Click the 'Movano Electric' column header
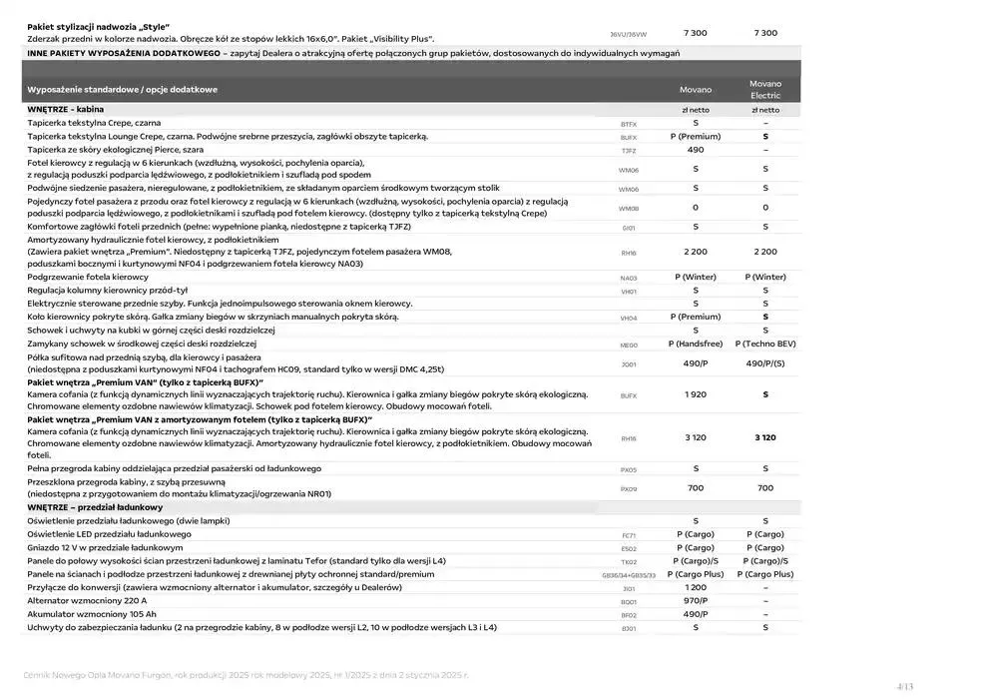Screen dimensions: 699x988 pos(765,89)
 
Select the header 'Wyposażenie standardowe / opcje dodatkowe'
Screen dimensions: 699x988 pos(123,89)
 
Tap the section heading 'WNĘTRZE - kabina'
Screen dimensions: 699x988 pos(66,109)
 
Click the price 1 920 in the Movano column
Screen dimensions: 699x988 pos(696,394)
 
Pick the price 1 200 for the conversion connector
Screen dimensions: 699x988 pos(696,587)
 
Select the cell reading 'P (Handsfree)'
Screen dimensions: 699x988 pos(696,343)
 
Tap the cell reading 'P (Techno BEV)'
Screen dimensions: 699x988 pos(765,343)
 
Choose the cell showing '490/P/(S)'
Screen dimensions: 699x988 pos(765,363)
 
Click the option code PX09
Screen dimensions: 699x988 pos(629,489)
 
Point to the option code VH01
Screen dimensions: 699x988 pos(629,292)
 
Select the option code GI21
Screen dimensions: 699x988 pos(629,228)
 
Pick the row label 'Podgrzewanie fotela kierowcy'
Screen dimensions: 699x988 pos(88,277)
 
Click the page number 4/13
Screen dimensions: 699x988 pos(905,686)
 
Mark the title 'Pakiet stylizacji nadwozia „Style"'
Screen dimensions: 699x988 pos(99,26)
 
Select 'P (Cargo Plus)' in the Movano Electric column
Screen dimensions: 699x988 pos(765,574)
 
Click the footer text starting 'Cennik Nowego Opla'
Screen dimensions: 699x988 pos(246,676)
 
